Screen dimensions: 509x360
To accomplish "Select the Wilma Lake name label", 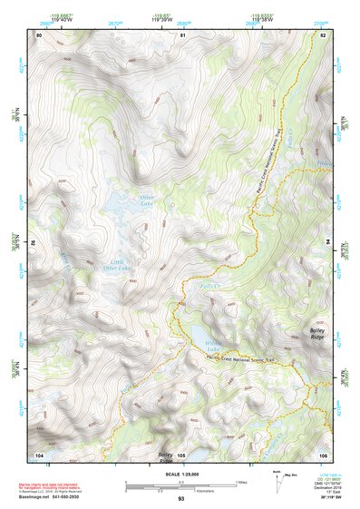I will (x=213, y=346).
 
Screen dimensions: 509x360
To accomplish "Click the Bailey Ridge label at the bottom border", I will (x=166, y=455).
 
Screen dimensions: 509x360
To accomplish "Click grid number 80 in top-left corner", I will (x=39, y=34).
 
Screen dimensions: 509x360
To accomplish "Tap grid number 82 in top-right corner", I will (x=324, y=34).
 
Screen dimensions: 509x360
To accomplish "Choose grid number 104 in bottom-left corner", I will (x=39, y=454).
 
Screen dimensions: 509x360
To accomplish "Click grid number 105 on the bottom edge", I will (x=181, y=455).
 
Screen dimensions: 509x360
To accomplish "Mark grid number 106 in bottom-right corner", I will (x=323, y=454).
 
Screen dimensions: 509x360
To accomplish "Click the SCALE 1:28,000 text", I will (x=180, y=474).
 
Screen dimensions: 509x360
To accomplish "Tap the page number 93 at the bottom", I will (x=181, y=500).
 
